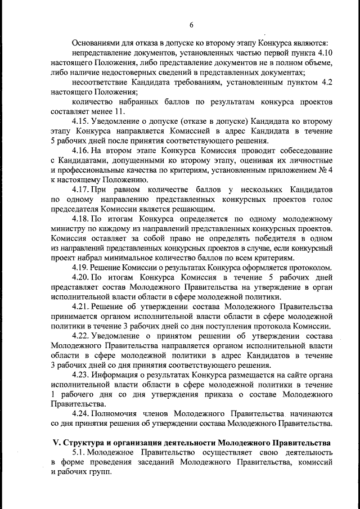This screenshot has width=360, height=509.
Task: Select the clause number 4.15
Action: pyautogui.click(x=83, y=121)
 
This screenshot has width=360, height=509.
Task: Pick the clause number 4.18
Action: pyautogui.click(x=83, y=219)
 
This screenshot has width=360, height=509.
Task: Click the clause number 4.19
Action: pyautogui.click(x=83, y=268)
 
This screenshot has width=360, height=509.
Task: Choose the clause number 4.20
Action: pyautogui.click(x=83, y=278)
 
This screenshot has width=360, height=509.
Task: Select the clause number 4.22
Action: pyautogui.click(x=83, y=336)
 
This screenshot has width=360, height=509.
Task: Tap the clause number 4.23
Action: pyautogui.click(x=83, y=375)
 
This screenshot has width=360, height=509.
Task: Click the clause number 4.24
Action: pyautogui.click(x=83, y=414)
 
